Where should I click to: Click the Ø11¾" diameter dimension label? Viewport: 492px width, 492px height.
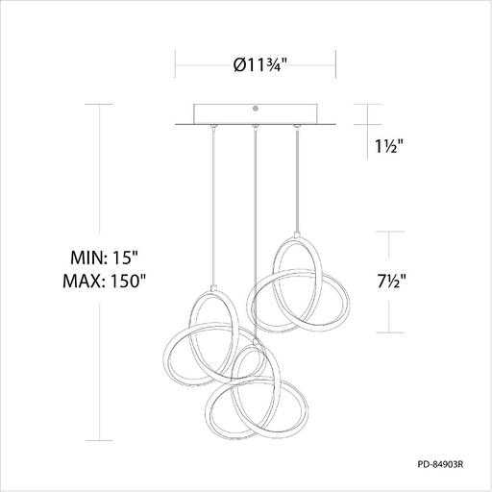point(259,65)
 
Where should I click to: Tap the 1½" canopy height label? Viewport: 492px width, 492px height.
point(388,146)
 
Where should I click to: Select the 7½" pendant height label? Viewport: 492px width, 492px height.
point(391,282)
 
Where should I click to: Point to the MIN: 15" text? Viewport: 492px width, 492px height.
point(104,258)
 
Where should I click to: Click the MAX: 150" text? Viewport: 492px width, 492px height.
point(104,281)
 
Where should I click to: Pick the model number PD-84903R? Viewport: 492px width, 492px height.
point(440,464)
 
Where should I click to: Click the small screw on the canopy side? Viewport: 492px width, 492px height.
point(256,109)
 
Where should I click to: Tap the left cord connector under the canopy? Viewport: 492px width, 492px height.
point(212,127)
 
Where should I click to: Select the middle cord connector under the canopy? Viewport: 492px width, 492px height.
point(255,128)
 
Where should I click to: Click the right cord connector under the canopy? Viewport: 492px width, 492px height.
point(297,127)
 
